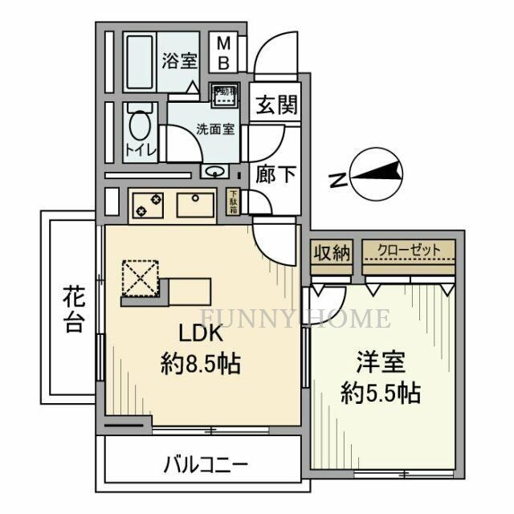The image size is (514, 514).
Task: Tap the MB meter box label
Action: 225,52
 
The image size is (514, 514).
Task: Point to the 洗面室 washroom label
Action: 216,129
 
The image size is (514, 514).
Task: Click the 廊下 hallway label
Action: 273,174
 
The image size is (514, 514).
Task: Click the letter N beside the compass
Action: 341,180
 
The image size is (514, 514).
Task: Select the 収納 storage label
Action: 332,252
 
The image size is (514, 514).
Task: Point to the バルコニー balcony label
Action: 206,464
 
